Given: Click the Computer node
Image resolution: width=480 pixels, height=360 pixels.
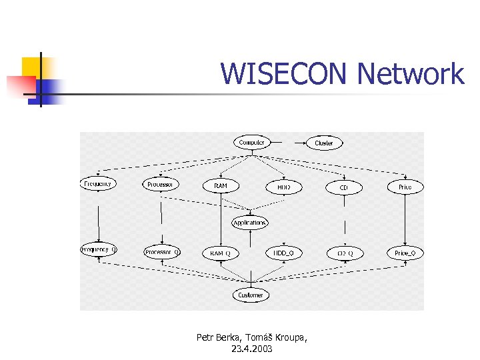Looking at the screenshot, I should tap(251, 142).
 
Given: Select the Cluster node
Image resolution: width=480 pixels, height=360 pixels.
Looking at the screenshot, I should tap(324, 143).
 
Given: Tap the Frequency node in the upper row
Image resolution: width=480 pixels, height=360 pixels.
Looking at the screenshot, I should tap(98, 183).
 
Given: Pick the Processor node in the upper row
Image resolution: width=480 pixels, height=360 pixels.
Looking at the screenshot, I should tap(161, 184).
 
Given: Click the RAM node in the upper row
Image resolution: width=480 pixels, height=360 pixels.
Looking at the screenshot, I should tap(220, 185).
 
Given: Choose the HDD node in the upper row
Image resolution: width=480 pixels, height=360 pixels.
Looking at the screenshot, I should tap(284, 187).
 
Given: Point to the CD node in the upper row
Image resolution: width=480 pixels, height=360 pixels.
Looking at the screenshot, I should tap(344, 188).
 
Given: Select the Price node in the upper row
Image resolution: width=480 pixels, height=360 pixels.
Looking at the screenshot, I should tap(405, 187).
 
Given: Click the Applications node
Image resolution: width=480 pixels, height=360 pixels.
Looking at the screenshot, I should tap(250, 223).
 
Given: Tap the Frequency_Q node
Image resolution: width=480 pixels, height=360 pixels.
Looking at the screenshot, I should tap(99, 250).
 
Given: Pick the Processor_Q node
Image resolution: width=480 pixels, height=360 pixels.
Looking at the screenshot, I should tap(161, 252).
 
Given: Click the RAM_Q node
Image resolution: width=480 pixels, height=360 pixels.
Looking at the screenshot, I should tap(221, 253).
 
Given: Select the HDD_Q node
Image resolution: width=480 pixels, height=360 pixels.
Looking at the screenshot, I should tap(284, 253).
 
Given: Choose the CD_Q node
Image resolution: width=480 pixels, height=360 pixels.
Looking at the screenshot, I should tap(345, 253).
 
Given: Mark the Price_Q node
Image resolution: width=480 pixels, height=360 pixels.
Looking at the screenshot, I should tap(405, 253).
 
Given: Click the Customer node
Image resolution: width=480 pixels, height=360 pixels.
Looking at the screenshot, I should tap(251, 295).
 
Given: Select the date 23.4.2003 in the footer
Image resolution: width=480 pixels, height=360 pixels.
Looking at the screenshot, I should tap(252, 349).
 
